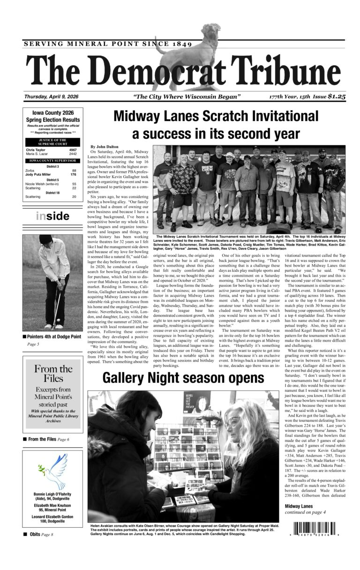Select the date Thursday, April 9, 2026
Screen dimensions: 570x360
52,97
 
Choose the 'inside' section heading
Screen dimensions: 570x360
52,216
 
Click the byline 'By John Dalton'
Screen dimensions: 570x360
105,147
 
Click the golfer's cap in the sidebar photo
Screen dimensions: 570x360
46,239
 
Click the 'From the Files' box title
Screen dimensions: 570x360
53,374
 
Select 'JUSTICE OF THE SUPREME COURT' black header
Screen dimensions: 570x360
52,142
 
